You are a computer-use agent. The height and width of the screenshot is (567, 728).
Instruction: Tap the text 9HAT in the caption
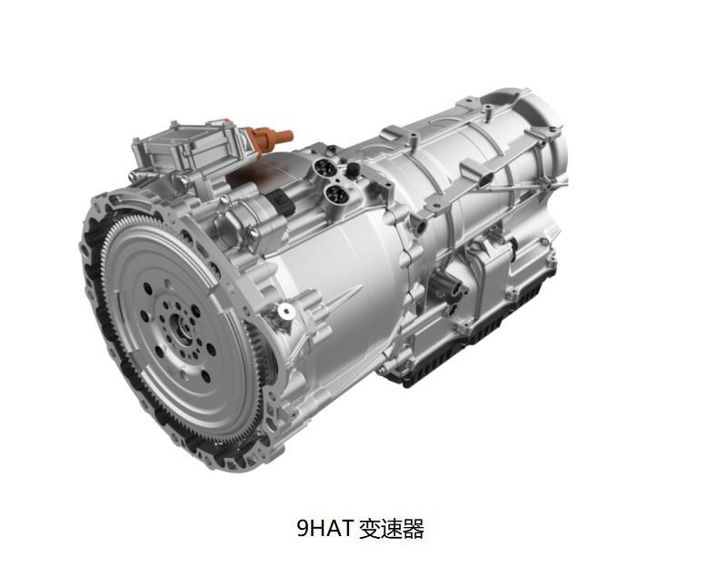pos(325,529)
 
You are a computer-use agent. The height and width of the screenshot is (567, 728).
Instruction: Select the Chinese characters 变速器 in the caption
pos(392,529)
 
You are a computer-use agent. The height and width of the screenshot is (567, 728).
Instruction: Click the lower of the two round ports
pos(334,191)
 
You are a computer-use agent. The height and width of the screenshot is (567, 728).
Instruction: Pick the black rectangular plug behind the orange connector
pos(283,199)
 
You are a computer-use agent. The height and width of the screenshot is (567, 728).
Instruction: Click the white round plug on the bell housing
pos(285,312)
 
